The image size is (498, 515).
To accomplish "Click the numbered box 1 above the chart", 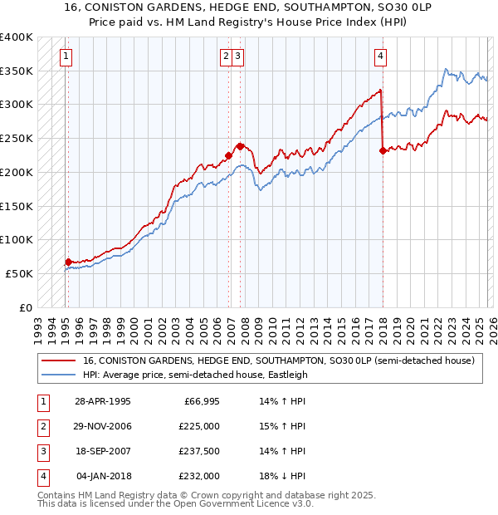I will click(66, 56).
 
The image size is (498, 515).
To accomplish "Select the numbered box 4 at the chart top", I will click(380, 56).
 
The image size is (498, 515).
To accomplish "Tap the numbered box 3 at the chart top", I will click(238, 56).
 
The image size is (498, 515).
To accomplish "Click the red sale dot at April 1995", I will click(68, 262).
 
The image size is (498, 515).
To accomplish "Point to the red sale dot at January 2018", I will click(383, 150).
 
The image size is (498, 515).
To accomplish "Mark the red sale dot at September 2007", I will click(240, 146).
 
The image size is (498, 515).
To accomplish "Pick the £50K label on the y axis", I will click(20, 273).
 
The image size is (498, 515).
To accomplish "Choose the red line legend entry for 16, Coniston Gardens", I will click(278, 361).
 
